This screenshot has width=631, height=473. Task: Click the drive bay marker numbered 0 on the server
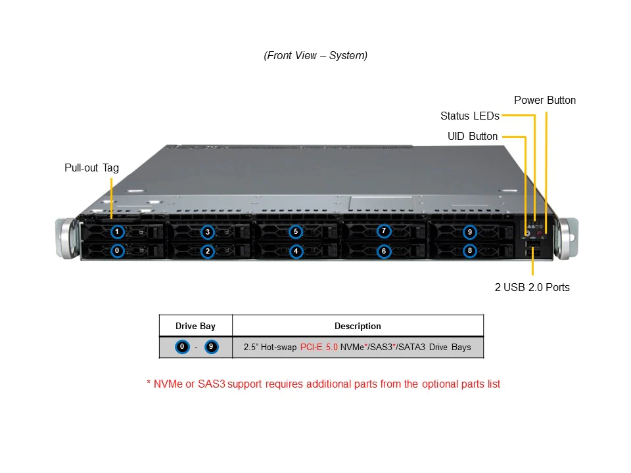point(117,250)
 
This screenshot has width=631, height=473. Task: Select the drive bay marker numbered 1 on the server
point(117,232)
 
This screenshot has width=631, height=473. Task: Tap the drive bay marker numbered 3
point(208,232)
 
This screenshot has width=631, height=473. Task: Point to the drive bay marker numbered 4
point(296,251)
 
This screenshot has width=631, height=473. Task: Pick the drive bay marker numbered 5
point(296,232)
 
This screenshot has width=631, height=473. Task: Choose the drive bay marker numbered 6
point(385,251)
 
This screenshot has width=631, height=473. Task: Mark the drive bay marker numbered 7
point(385,231)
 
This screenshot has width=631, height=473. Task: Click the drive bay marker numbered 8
point(469,250)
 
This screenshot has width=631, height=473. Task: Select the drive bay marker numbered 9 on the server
point(469,232)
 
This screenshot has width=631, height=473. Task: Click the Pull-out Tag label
point(91,168)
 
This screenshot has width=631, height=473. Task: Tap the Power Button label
point(544,101)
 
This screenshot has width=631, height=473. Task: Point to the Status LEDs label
point(469,116)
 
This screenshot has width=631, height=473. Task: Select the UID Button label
point(473,137)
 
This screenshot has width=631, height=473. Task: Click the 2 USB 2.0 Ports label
point(532,287)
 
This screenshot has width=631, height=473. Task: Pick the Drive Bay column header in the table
point(195,326)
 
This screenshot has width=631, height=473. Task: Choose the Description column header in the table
point(358,326)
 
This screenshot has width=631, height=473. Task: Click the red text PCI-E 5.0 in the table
point(319,347)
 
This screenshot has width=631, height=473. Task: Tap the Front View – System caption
point(315,56)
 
